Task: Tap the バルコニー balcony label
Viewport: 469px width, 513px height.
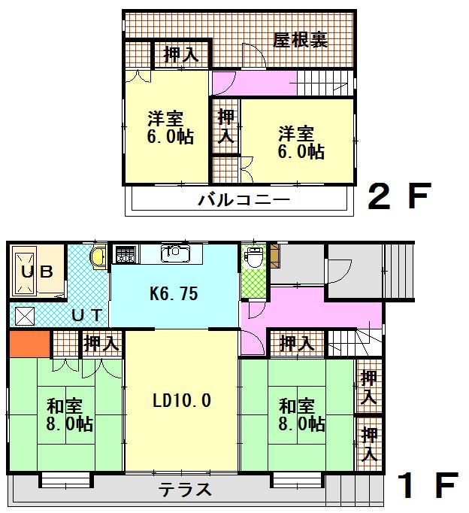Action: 244,201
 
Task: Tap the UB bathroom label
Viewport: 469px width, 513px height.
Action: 36,272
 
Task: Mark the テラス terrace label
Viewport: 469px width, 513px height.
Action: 185,490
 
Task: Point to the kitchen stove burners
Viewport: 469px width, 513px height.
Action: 125,255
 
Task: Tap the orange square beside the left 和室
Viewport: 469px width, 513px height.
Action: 29,345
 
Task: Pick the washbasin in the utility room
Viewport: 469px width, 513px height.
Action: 98,257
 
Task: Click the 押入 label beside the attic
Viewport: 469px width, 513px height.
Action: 181,54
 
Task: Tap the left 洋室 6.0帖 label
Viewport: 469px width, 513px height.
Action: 169,128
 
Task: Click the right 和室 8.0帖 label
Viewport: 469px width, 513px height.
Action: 301,414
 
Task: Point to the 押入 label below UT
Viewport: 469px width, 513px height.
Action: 101,345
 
